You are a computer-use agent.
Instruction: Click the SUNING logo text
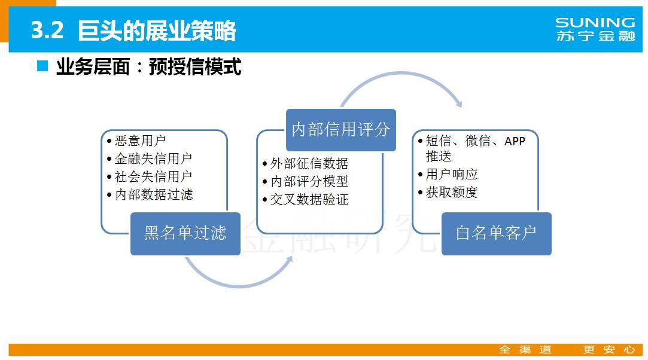pos(595,22)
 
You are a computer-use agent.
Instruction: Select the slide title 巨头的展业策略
pos(157,30)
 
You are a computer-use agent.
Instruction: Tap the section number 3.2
pos(47,30)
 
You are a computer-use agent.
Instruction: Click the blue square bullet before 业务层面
pos(42,66)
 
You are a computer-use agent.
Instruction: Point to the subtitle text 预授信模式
pos(195,67)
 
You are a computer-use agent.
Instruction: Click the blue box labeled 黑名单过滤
pos(185,233)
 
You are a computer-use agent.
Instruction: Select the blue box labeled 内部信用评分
pos(341,130)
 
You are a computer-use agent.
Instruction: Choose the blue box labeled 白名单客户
pos(497,233)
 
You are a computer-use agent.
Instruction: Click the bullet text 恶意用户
pos(140,141)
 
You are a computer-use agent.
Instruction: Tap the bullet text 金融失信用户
pos(153,158)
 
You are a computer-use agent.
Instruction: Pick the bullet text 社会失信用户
pos(153,176)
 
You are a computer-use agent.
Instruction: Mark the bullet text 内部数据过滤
pos(153,194)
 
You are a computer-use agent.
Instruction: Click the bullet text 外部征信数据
pos(309,163)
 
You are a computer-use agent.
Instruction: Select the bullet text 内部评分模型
pos(309,181)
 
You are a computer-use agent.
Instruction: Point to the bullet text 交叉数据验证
pos(309,199)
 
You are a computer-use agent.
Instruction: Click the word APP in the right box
pos(515,141)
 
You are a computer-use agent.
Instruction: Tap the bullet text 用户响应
pos(452,174)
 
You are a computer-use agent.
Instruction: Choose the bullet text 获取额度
pos(452,193)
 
